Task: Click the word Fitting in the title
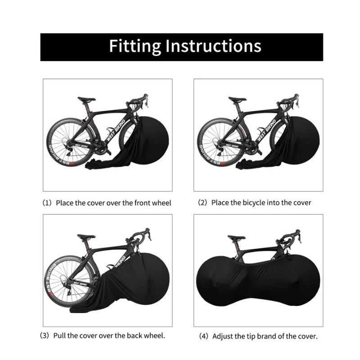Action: click(x=134, y=46)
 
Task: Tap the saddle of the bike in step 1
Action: click(x=86, y=99)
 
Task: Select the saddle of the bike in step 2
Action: click(x=237, y=99)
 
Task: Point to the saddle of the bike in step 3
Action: click(x=86, y=237)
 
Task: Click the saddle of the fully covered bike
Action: click(x=237, y=237)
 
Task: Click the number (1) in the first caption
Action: click(x=47, y=203)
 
